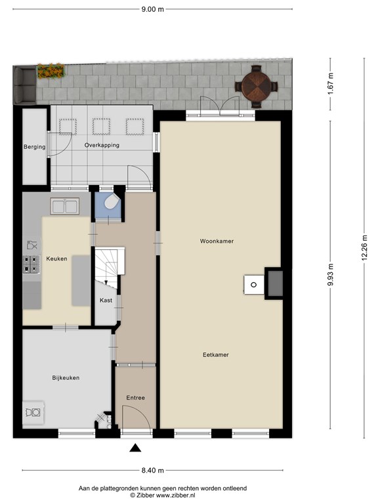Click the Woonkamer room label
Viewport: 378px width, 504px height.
(217, 241)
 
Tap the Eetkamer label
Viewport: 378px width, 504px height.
(216, 355)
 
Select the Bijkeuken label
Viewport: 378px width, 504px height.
(66, 377)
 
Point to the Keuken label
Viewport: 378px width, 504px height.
(57, 259)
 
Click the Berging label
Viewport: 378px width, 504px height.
(34, 147)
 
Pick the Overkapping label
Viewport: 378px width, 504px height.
(102, 145)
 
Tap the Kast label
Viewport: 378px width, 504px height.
(106, 301)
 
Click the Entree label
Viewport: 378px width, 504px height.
(136, 398)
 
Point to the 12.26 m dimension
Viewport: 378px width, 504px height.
(365, 247)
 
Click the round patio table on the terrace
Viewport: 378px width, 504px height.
(257, 86)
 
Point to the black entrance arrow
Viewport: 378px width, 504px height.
(135, 448)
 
